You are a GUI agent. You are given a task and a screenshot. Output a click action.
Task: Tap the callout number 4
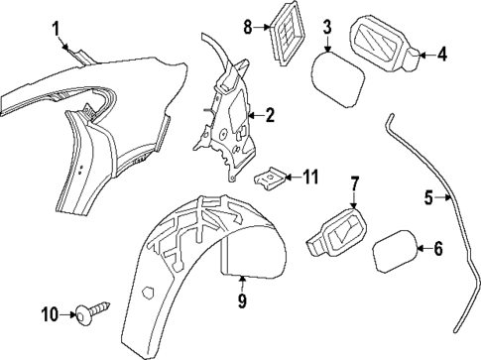point(442,55)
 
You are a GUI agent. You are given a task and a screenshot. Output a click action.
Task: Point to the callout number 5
point(429,198)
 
